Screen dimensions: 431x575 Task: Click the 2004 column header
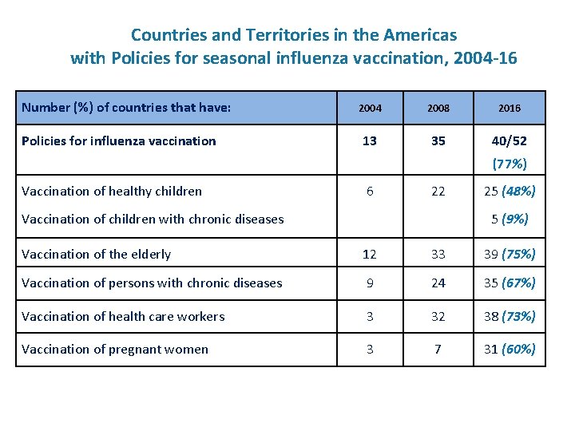(370, 108)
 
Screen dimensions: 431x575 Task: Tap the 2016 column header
(509, 108)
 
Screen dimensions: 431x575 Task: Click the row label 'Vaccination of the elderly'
(97, 255)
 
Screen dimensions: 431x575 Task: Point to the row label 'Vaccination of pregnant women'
(115, 350)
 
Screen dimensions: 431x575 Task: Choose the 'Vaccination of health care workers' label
(123, 317)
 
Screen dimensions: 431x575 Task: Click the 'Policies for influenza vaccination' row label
(119, 141)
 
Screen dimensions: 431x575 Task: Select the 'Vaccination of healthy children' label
(112, 191)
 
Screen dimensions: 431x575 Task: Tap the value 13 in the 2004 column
(370, 141)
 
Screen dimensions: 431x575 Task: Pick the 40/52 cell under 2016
(509, 141)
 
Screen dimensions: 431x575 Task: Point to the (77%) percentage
(509, 164)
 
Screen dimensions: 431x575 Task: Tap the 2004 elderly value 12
(370, 255)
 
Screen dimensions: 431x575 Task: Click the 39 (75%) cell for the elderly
(509, 255)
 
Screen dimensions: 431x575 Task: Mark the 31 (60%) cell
(509, 350)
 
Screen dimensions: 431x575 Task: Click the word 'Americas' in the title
(420, 35)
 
